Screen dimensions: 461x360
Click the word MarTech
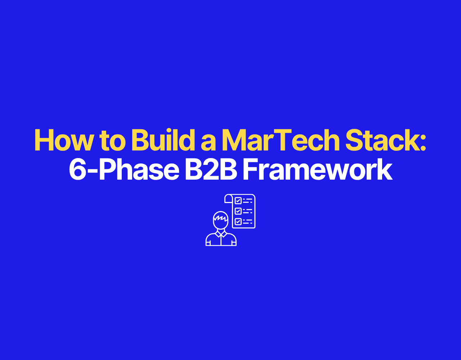click(x=281, y=140)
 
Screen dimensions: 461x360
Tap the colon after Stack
click(x=422, y=143)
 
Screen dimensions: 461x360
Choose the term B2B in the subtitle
click(x=211, y=169)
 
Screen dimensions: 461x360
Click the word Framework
click(x=318, y=169)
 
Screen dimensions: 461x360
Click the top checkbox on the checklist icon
click(x=238, y=201)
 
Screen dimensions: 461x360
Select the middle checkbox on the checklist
click(x=238, y=211)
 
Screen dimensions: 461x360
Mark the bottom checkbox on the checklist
click(x=238, y=221)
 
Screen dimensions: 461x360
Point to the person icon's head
click(x=220, y=220)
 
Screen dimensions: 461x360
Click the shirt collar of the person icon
click(x=221, y=234)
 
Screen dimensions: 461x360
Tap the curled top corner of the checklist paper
click(x=228, y=198)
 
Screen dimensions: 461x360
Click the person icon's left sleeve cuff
click(x=208, y=244)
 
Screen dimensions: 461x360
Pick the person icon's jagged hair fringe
click(x=221, y=217)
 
